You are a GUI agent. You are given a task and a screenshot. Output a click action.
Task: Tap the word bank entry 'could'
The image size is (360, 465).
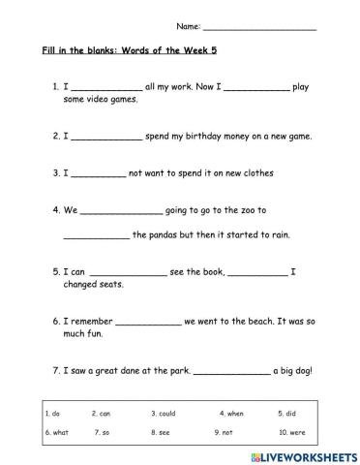point(165,413)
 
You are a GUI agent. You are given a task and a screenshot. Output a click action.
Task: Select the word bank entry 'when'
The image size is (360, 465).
point(231,413)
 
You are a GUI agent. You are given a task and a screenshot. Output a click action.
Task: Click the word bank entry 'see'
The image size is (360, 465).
point(165,432)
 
